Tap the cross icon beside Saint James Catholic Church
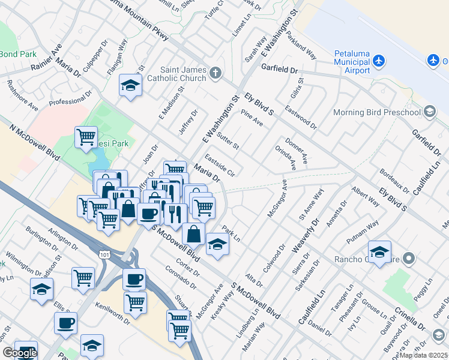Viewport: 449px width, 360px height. (216, 74)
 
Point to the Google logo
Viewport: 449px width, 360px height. (19, 353)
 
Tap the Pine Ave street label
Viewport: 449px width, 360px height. (252, 118)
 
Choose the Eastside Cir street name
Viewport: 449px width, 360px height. (219, 164)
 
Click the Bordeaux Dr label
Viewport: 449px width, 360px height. (394, 181)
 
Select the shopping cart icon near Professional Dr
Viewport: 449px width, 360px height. (86, 136)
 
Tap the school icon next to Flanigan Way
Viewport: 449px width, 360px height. (130, 85)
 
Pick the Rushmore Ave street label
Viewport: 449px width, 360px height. (23, 97)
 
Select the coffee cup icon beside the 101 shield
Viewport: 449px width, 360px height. (134, 279)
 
